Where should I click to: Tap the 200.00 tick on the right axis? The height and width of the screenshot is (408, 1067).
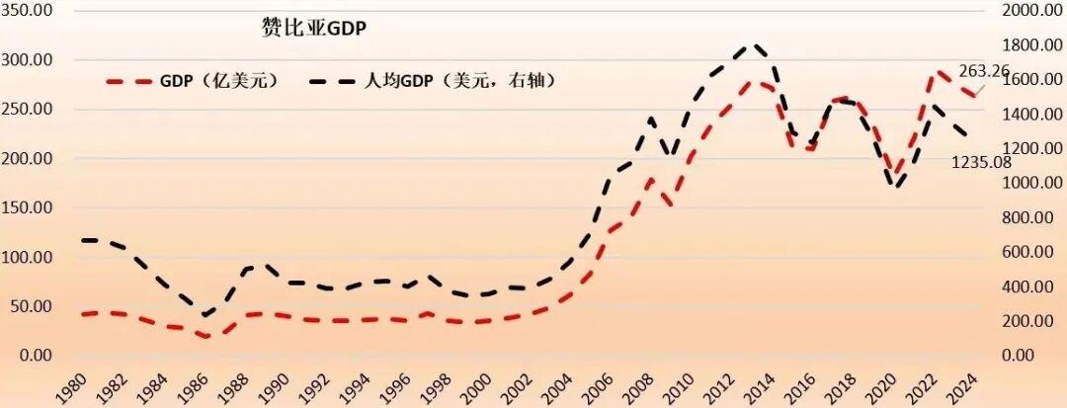[x=1036, y=321]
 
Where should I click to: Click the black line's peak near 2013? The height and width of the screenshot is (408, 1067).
[x=753, y=44]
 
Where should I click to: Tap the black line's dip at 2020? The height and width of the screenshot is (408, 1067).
[x=897, y=186]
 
